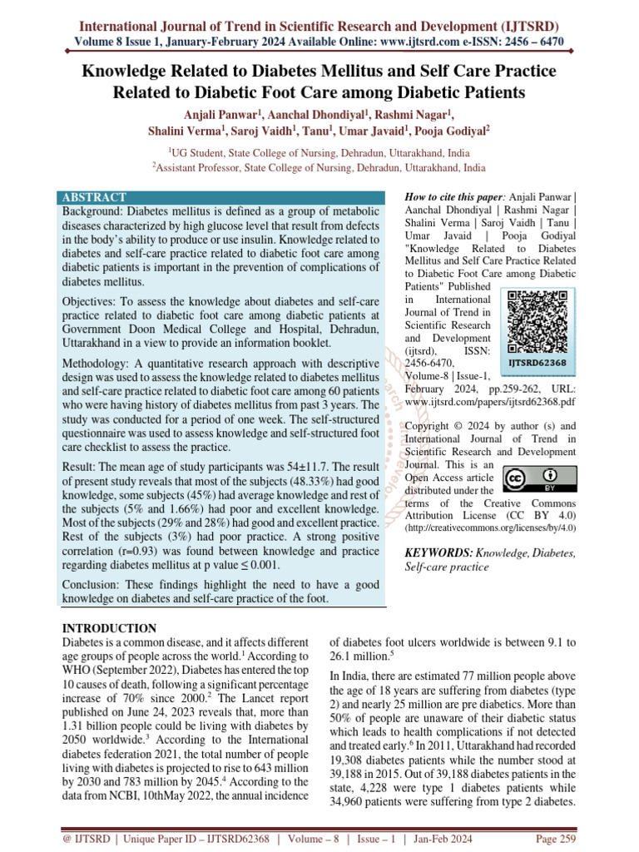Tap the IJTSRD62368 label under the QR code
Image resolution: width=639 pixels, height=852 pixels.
pos(537,363)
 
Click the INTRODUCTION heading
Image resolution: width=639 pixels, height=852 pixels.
pos(109,628)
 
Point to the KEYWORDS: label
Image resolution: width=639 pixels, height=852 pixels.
pos(438,552)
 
